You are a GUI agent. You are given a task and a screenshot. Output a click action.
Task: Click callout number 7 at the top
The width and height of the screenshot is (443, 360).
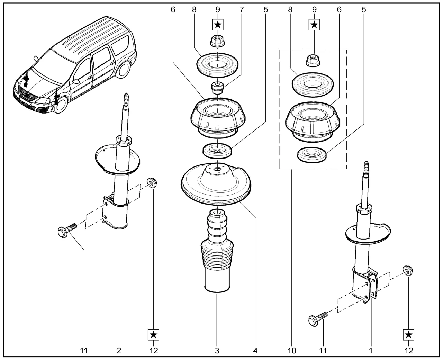(241, 10)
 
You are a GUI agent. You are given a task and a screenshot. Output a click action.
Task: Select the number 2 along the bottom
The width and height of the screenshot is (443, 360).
(119, 351)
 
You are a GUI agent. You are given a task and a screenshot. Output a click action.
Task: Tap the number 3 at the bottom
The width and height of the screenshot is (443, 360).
(217, 351)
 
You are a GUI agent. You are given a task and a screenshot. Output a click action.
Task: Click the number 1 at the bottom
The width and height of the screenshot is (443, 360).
(371, 351)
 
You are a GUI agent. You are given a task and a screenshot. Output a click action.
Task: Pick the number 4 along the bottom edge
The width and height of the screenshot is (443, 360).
(255, 351)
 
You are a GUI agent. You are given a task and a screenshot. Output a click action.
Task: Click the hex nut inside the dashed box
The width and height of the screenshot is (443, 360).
(313, 61)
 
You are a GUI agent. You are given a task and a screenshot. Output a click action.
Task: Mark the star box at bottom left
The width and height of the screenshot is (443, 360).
(154, 334)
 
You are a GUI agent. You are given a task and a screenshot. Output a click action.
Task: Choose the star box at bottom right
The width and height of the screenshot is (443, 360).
(409, 334)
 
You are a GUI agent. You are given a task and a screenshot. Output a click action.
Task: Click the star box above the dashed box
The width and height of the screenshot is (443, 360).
(314, 25)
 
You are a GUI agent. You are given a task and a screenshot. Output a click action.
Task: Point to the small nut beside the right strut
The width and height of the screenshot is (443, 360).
(408, 270)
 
